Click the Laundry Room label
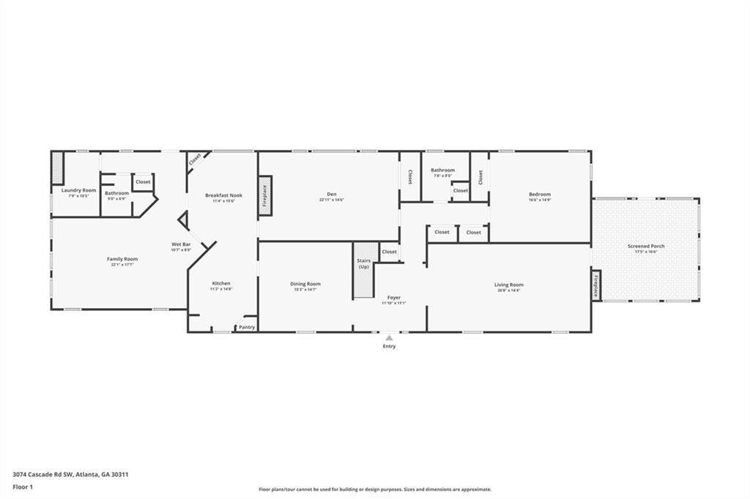point(78,190)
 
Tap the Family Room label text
point(122,259)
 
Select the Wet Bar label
point(181,244)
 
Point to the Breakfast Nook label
point(223,195)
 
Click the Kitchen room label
point(221,283)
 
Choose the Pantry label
point(247,327)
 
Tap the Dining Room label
point(305,284)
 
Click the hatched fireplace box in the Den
point(265,195)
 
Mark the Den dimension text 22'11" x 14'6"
point(331,200)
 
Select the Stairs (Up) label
point(364,263)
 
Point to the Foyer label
point(394,298)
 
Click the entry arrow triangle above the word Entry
point(389,338)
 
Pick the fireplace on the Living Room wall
point(595,285)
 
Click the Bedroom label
point(540,195)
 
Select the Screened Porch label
point(646,246)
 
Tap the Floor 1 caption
point(23,487)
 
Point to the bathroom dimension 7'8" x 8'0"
point(442,176)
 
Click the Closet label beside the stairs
point(390,252)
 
